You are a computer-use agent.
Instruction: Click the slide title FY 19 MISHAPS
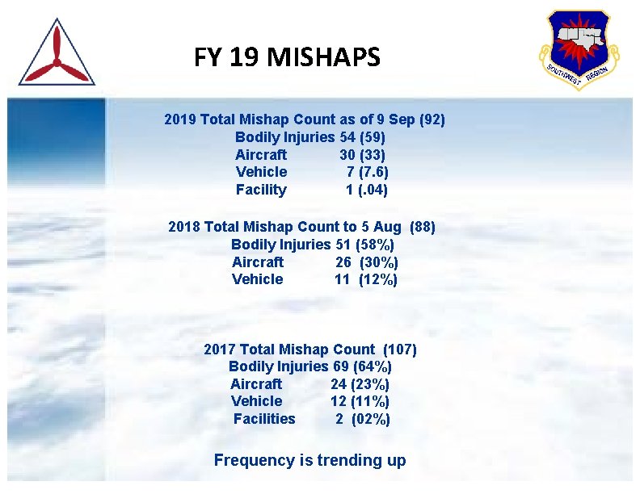[287, 57]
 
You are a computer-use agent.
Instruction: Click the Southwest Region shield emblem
[578, 48]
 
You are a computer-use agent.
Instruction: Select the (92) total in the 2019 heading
[432, 119]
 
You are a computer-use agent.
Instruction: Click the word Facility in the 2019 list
[261, 190]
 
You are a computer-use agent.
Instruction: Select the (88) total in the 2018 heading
[423, 227]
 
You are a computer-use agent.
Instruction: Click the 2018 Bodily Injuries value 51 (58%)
[364, 244]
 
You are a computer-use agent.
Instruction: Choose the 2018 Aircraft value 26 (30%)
[367, 262]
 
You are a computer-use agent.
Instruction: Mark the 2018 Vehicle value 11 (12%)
[366, 279]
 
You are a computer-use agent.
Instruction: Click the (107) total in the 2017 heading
[399, 350]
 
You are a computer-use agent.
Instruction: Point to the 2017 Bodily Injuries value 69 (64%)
[361, 366]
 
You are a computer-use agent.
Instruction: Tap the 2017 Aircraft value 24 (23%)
[360, 384]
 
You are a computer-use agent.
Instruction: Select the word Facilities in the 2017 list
[264, 419]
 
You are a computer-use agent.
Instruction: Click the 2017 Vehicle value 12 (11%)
[360, 401]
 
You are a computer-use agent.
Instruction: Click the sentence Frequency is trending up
[309, 461]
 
